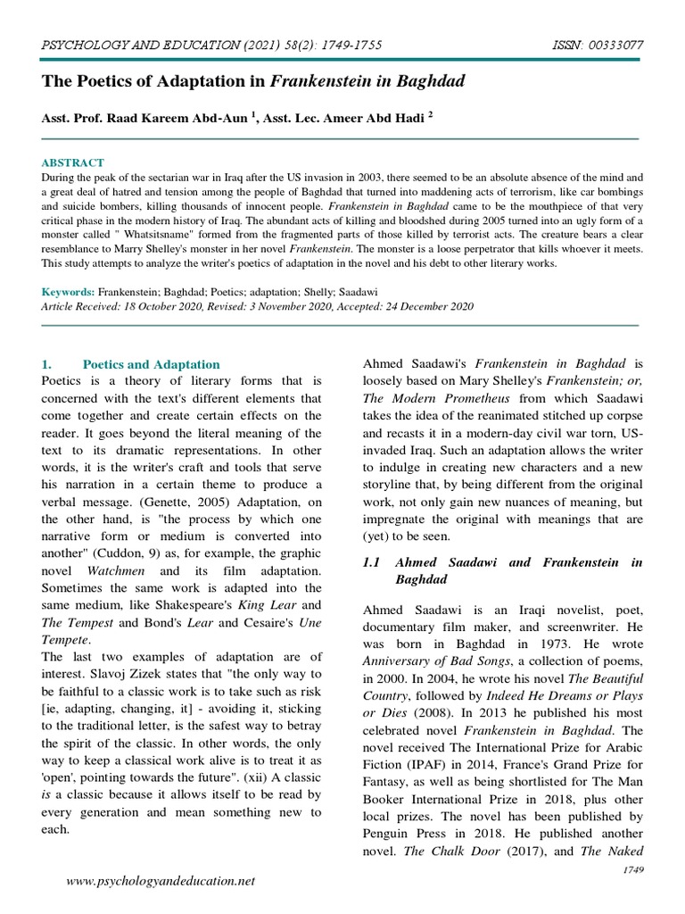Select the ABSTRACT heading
73,162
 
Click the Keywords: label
68,292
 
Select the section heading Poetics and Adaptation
151,364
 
